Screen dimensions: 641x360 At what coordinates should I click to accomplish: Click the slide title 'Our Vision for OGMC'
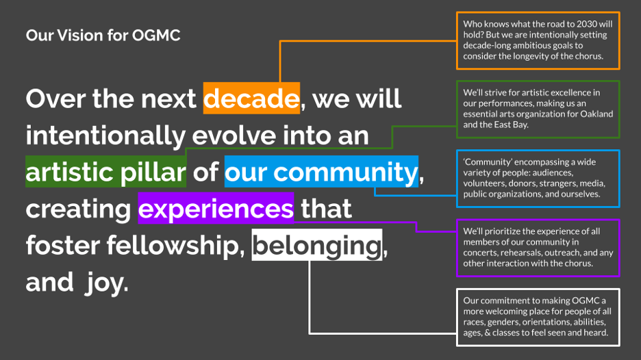point(103,36)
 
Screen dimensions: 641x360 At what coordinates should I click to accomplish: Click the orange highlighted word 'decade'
point(251,99)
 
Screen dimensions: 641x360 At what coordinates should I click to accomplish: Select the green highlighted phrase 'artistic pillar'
point(106,172)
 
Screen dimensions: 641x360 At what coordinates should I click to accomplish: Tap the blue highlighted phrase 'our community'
point(321,172)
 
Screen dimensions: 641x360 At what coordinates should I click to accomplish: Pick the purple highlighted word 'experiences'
point(216,208)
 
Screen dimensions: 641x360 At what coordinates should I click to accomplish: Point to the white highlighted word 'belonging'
point(317,245)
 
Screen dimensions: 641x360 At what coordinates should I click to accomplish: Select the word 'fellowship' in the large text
point(173,245)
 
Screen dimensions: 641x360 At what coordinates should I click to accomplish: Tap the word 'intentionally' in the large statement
point(105,136)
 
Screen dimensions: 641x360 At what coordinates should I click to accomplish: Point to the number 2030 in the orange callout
point(587,24)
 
